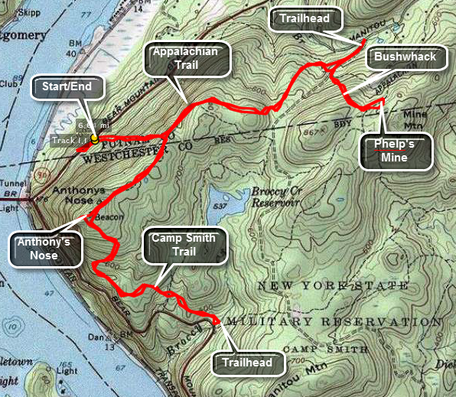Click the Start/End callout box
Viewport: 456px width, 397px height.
[67, 87]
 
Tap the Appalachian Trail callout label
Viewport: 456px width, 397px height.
[187, 60]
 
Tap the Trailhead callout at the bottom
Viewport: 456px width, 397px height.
[246, 363]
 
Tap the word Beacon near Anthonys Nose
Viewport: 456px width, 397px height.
[109, 217]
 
